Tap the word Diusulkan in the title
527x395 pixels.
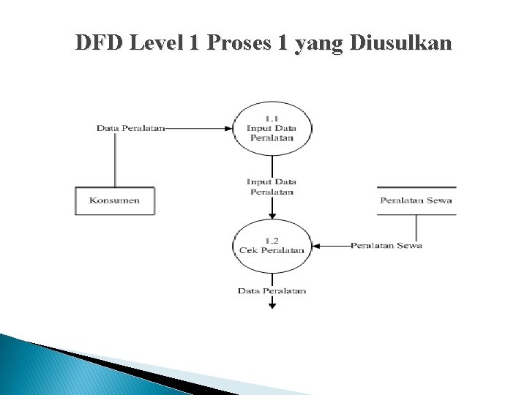(x=401, y=43)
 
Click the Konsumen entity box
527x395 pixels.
(x=115, y=200)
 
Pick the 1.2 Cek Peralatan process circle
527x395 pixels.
(x=272, y=246)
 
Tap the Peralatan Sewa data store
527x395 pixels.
(x=416, y=200)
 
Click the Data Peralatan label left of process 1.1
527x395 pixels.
(x=130, y=128)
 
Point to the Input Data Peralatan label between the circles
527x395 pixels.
(x=272, y=187)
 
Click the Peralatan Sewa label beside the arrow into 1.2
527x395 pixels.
(x=386, y=246)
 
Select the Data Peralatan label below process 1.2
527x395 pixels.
(x=272, y=291)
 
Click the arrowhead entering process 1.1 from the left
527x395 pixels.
(x=229, y=128)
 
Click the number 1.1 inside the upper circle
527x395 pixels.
(x=272, y=118)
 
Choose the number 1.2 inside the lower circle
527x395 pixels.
(x=272, y=240)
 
